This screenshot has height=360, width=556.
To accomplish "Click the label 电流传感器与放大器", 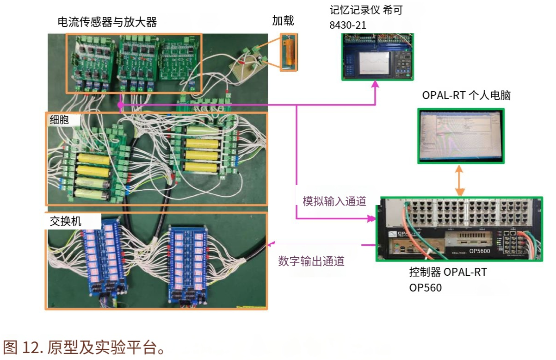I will click(107, 21).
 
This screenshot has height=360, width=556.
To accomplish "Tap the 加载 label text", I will click(283, 20).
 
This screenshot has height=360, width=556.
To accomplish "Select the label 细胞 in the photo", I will click(59, 120).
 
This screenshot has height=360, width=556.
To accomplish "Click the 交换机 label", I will click(65, 221).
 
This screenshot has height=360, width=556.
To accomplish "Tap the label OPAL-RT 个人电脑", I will click(466, 95).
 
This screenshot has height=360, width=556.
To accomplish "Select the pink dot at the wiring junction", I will click(120, 106).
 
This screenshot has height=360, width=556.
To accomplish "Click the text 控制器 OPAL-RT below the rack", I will click(448, 272).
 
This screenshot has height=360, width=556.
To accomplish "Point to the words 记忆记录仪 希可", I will click(365, 10).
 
